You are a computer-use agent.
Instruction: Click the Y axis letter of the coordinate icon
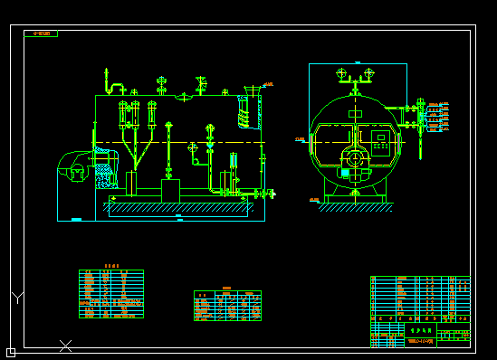tap(17, 297)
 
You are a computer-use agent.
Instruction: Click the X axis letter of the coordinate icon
tap(65, 346)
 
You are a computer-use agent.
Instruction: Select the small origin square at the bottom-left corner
tap(11, 352)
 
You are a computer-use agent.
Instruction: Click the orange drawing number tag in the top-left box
tap(41, 33)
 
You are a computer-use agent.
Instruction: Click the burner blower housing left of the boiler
tap(72, 167)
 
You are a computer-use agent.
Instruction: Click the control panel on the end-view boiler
tap(381, 143)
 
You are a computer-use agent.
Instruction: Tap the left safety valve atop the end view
tap(341, 74)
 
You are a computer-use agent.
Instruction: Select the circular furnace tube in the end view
tap(355, 158)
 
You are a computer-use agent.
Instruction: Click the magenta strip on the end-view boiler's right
tap(397, 143)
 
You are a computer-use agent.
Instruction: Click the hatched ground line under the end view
tap(355, 207)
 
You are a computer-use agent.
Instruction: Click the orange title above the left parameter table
tap(111, 266)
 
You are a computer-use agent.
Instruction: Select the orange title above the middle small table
tap(226, 288)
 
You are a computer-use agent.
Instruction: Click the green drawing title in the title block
tap(417, 331)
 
